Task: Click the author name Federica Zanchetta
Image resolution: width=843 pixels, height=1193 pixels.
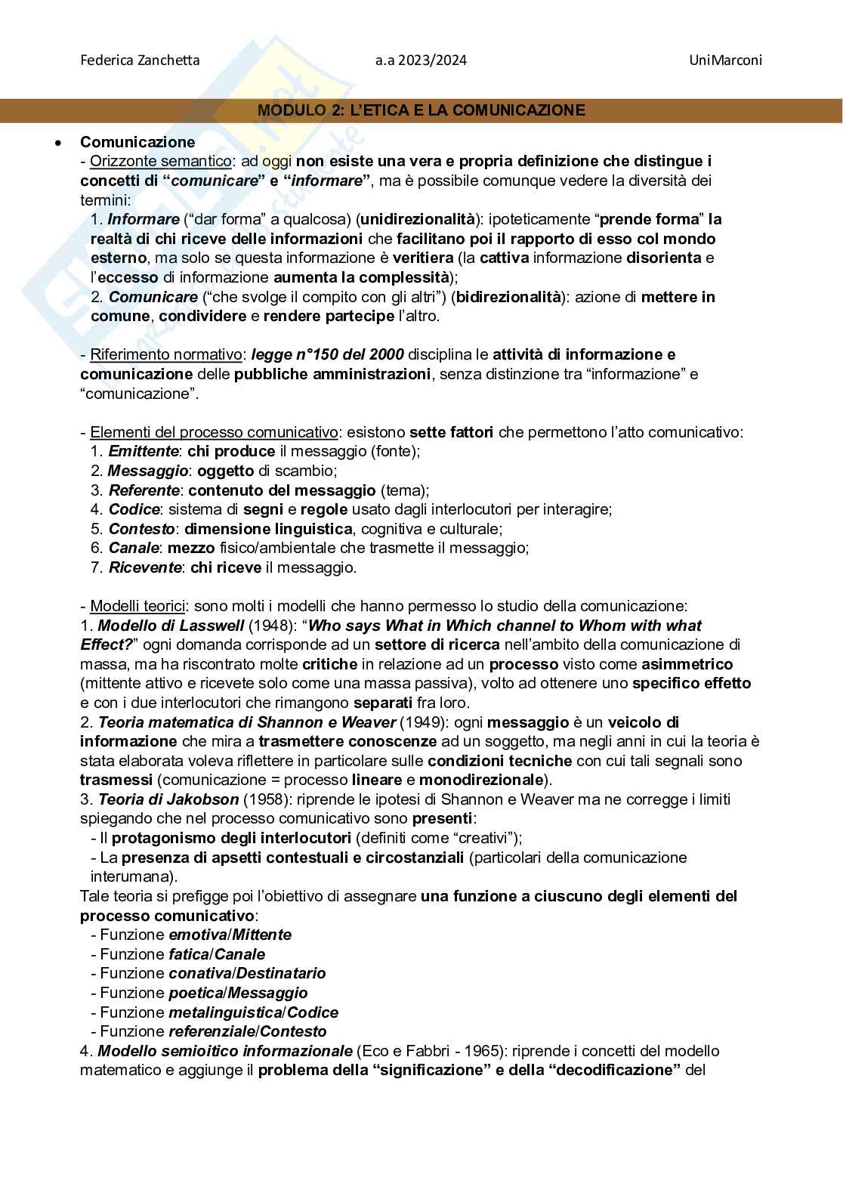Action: pyautogui.click(x=140, y=60)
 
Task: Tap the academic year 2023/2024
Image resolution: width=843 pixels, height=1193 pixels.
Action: pyautogui.click(x=421, y=60)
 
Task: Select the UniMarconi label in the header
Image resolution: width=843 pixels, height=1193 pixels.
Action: pyautogui.click(x=725, y=60)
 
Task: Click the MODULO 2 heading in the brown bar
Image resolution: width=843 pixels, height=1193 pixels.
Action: pyautogui.click(x=421, y=110)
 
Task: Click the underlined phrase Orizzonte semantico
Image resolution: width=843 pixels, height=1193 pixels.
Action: pyautogui.click(x=161, y=161)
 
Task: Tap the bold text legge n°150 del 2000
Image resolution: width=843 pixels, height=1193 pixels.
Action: pyautogui.click(x=327, y=354)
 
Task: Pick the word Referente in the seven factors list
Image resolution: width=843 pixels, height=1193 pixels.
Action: pyautogui.click(x=144, y=490)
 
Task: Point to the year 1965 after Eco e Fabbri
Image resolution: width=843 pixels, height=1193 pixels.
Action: pyautogui.click(x=482, y=1051)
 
